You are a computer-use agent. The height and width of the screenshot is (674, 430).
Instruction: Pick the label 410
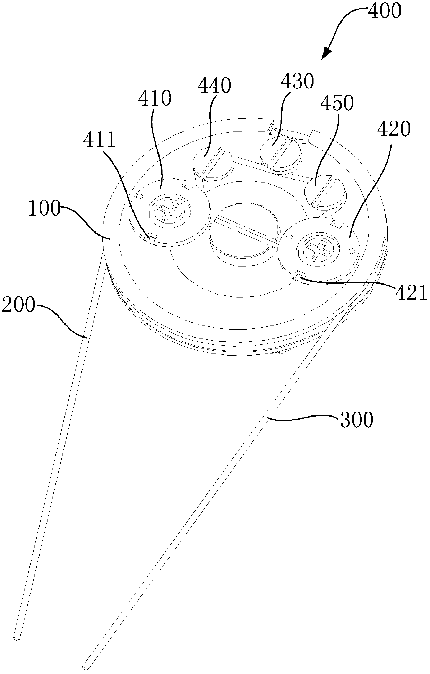coord(155,98)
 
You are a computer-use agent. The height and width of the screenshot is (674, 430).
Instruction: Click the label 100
coord(44,210)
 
